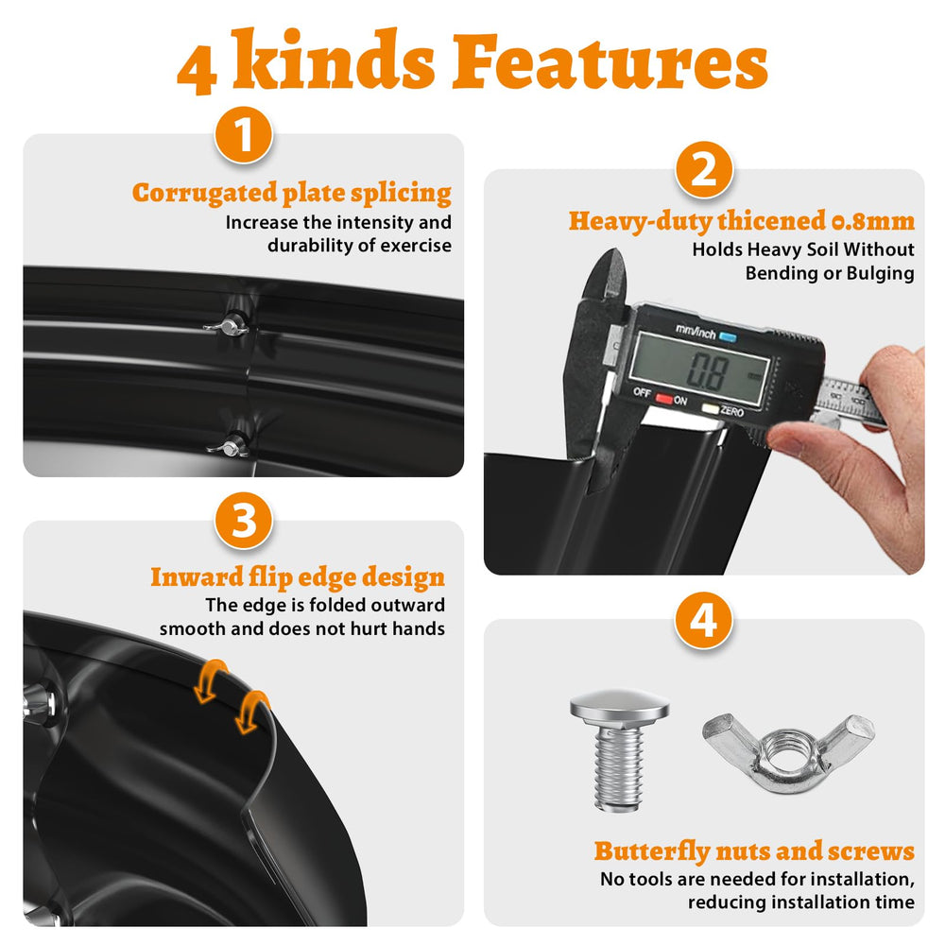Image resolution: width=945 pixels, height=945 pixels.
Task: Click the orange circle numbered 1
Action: (244, 135)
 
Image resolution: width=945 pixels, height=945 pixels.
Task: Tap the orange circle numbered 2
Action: (704, 170)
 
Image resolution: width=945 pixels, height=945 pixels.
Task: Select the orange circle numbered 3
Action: (244, 521)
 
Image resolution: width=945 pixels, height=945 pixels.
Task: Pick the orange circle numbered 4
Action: (704, 620)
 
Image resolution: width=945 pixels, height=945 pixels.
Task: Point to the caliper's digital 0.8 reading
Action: (708, 370)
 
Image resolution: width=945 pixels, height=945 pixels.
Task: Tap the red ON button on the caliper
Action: (664, 399)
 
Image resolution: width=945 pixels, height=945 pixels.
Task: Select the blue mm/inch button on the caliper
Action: (728, 337)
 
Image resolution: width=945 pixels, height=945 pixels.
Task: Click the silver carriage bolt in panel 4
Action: (620, 750)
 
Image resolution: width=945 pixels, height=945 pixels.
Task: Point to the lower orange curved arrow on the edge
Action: (252, 713)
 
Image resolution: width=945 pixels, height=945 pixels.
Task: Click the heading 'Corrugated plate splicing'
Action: (292, 194)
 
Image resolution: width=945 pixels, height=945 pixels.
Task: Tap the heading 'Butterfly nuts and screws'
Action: (754, 851)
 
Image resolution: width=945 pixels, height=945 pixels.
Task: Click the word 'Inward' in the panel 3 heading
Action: (197, 576)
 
